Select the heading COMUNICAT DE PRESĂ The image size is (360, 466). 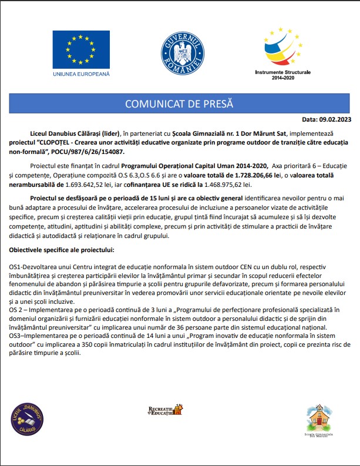(179, 103)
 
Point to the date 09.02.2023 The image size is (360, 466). (335, 119)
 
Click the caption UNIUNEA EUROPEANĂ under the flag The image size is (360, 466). (80, 75)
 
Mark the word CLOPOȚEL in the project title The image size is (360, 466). (62, 143)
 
